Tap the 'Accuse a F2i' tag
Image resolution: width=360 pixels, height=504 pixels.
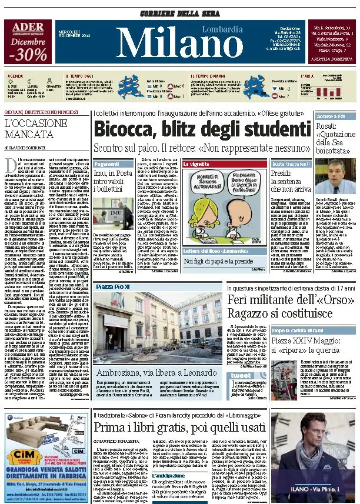point(331,116)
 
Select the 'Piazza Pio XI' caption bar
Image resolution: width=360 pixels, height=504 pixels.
point(113,286)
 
